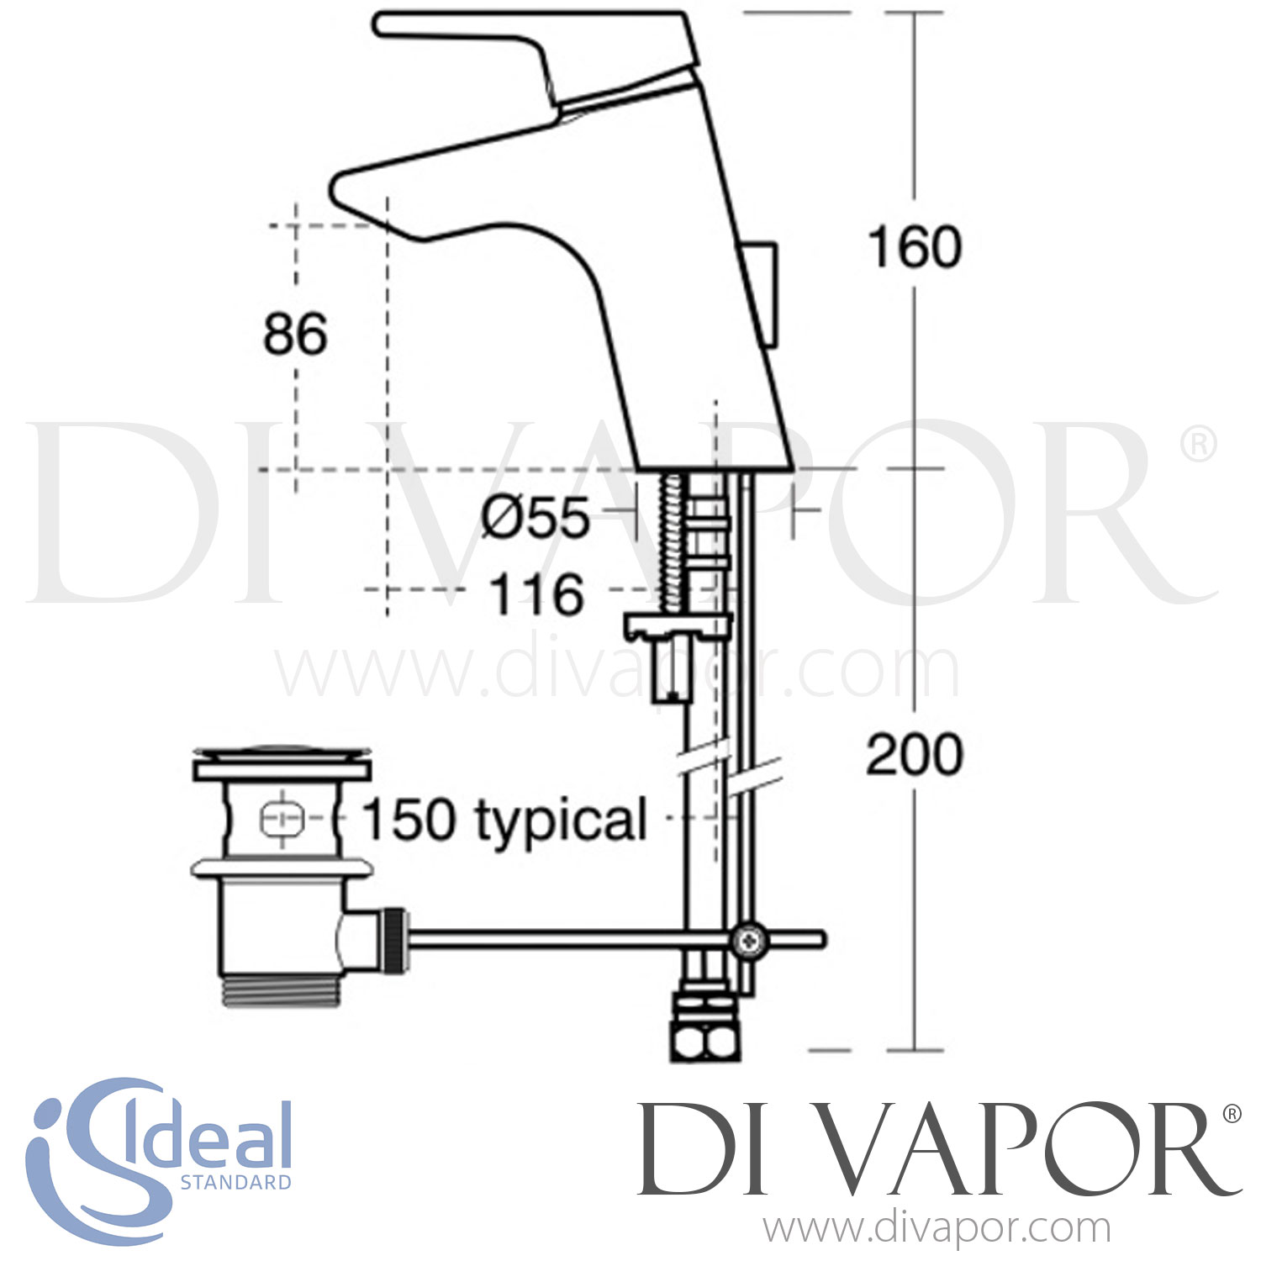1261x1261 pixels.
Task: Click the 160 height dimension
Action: tap(915, 247)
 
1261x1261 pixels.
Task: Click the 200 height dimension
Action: tap(915, 754)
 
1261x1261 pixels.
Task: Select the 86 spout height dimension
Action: tap(295, 334)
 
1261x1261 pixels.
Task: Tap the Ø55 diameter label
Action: tap(536, 518)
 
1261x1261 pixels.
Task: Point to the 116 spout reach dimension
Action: tap(536, 594)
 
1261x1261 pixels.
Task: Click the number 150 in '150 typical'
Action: tap(410, 819)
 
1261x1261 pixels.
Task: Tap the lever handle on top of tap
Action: tap(521, 38)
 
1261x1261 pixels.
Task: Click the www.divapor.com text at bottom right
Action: tap(937, 1229)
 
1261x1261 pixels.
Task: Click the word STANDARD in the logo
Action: tap(236, 1182)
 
